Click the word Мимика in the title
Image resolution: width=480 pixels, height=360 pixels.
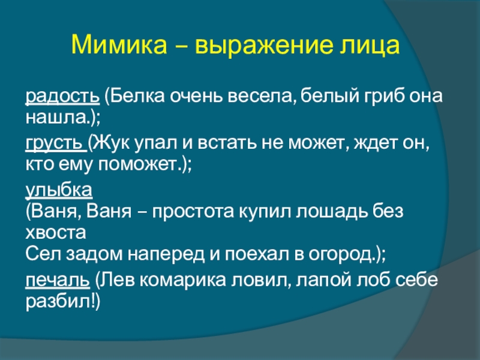pyautogui.click(x=119, y=45)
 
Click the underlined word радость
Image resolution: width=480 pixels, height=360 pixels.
pyautogui.click(x=62, y=97)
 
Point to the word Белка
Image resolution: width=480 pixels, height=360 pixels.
pyautogui.click(x=137, y=96)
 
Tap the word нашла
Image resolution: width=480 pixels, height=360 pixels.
pyautogui.click(x=56, y=117)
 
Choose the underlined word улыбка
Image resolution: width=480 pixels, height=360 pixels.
pyautogui.click(x=59, y=190)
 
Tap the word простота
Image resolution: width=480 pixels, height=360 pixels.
pyautogui.click(x=193, y=212)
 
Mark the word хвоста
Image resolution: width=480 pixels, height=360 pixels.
pyautogui.click(x=56, y=233)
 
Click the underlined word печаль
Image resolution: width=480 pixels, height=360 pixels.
pyautogui.click(x=58, y=280)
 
